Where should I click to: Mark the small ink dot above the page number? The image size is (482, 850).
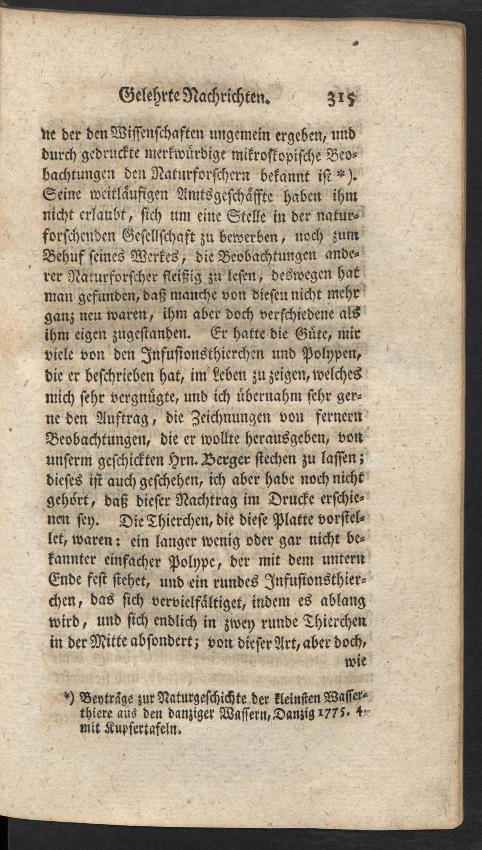click(356, 44)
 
